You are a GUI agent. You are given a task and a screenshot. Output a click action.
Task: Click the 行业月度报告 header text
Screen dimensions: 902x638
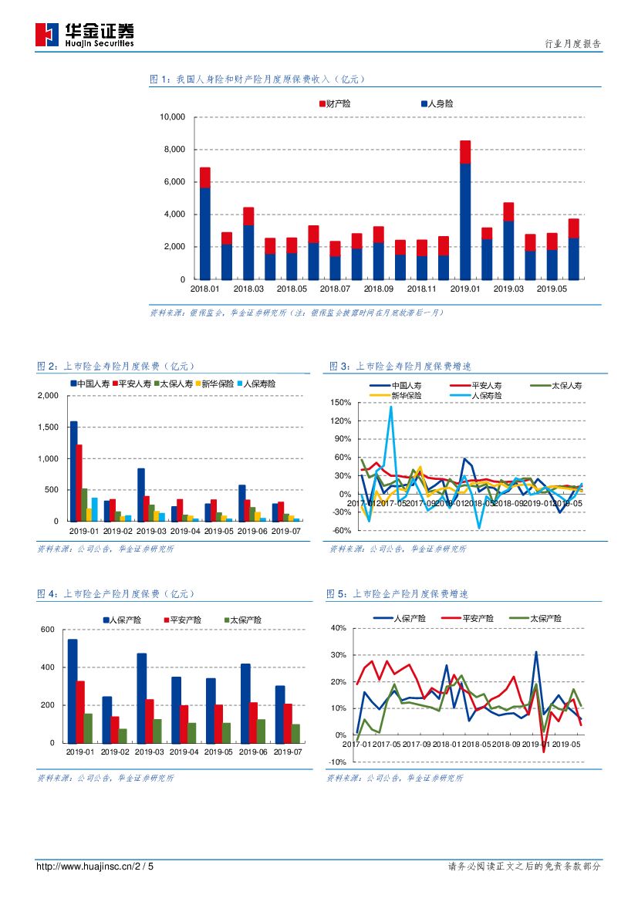pyautogui.click(x=572, y=44)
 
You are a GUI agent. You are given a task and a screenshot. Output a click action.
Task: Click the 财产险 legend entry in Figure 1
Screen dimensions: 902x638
pyautogui.click(x=335, y=103)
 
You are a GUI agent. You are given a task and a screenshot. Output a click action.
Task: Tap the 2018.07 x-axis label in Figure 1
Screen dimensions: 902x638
pyautogui.click(x=335, y=289)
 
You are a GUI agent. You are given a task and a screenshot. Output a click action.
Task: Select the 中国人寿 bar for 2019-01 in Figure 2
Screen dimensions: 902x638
pyautogui.click(x=74, y=471)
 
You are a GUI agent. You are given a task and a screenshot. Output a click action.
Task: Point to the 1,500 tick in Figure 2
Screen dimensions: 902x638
pyautogui.click(x=48, y=427)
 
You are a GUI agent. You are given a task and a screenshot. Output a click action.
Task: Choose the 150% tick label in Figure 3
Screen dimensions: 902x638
pyautogui.click(x=340, y=403)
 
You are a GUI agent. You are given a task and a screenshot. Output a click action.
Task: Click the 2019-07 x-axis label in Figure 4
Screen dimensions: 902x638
pyautogui.click(x=288, y=752)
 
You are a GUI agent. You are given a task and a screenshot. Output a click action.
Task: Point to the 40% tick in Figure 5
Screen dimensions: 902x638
pyautogui.click(x=338, y=628)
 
